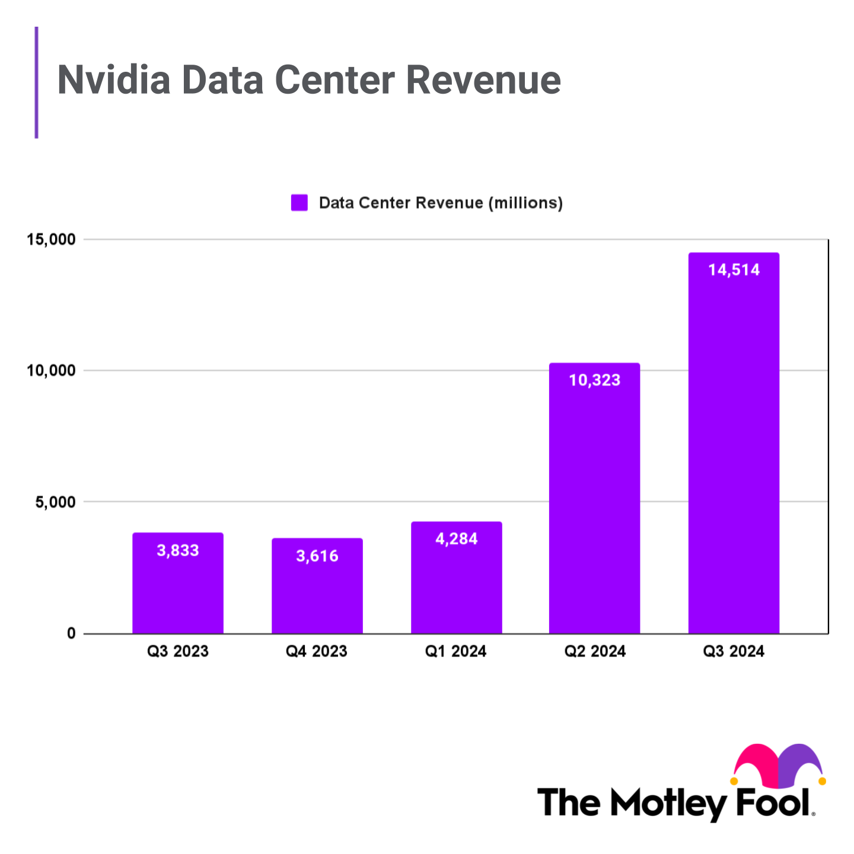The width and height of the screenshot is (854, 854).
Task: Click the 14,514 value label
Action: [734, 270]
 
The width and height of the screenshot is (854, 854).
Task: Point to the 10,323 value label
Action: [594, 380]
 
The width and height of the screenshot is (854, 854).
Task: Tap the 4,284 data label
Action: [457, 539]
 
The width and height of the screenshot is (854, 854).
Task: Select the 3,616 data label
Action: [317, 556]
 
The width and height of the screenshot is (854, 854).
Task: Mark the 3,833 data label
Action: [178, 551]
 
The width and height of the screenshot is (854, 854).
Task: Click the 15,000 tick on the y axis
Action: [52, 240]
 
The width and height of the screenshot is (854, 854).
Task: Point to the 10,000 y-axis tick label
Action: [52, 371]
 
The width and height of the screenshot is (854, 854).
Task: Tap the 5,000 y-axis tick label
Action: [56, 502]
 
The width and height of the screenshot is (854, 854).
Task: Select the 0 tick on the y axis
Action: [72, 633]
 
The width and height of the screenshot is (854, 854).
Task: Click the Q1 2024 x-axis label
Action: [455, 652]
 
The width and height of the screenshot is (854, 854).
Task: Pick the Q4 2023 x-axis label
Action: [316, 652]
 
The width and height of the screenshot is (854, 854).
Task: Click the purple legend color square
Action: [299, 203]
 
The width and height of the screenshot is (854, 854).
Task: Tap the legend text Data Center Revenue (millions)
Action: [441, 203]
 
